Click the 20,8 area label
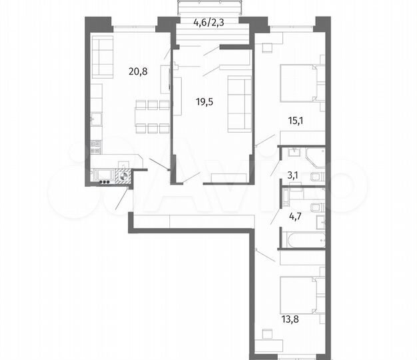(x=138, y=67)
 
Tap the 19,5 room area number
(x=205, y=102)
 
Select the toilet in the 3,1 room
(x=317, y=177)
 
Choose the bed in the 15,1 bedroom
(x=298, y=82)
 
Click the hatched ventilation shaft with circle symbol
(x=124, y=177)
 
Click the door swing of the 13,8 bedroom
(x=265, y=254)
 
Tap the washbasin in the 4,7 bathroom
(x=319, y=220)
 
